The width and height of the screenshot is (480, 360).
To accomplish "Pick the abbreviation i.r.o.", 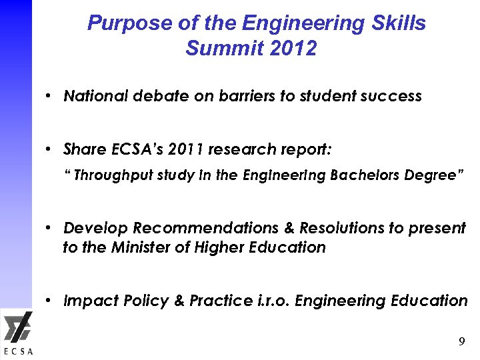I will click(271, 301).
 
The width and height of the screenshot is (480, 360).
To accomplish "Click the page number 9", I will click(461, 342).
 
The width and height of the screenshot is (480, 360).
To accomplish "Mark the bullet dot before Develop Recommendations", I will click(50, 229).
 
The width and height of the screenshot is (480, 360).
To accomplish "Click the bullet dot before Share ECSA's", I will click(50, 149).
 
